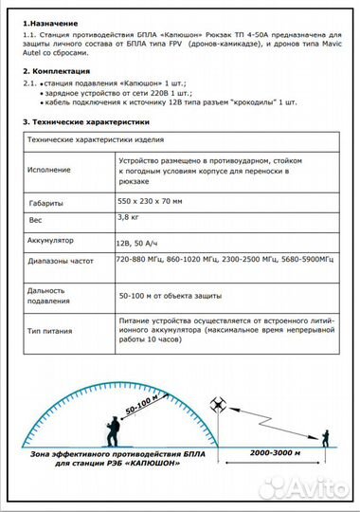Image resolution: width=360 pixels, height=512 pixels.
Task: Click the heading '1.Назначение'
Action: click(x=50, y=22)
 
